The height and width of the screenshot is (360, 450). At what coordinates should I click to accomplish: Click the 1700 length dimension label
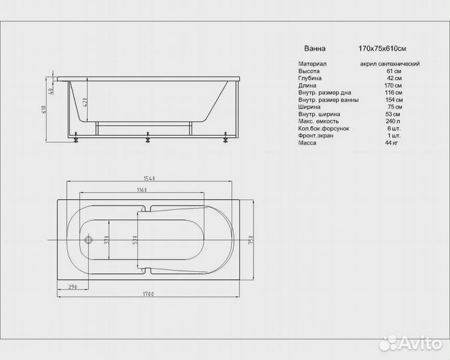149,294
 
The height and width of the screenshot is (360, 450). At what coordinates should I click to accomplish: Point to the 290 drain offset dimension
73,287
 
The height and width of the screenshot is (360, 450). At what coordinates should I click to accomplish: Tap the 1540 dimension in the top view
149,178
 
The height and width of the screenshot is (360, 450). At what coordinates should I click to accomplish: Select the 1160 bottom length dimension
142,190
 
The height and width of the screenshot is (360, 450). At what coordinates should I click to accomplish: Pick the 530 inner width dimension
135,240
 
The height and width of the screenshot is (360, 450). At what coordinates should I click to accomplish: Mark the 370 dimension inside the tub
107,239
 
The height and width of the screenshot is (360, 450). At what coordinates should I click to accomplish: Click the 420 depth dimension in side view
85,103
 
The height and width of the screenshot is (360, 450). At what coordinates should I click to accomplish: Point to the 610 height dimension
44,109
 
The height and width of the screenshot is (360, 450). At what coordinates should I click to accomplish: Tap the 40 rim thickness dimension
51,91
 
